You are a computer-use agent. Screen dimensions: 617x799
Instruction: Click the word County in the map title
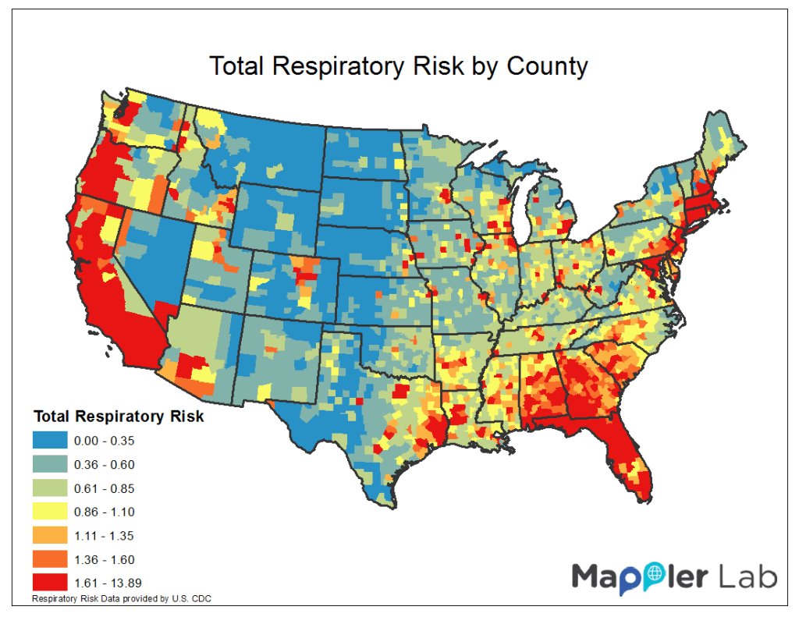[546, 66]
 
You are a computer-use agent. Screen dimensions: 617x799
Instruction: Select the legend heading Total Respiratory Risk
[118, 417]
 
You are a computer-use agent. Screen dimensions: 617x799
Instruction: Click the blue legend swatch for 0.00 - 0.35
[50, 441]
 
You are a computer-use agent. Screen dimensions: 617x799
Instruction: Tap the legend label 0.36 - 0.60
[104, 465]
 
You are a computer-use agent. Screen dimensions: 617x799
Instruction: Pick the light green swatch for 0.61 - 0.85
[50, 488]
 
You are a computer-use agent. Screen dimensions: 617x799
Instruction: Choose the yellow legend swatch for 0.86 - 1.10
[50, 512]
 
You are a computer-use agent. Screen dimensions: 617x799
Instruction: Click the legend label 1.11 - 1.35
[104, 535]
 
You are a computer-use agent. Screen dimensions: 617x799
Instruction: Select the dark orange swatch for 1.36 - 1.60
[50, 558]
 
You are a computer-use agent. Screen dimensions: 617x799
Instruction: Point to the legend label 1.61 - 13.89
[108, 582]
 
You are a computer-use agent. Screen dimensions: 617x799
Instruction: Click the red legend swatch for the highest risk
[50, 582]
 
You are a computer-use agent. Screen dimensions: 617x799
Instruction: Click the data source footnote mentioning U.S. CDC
[122, 599]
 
